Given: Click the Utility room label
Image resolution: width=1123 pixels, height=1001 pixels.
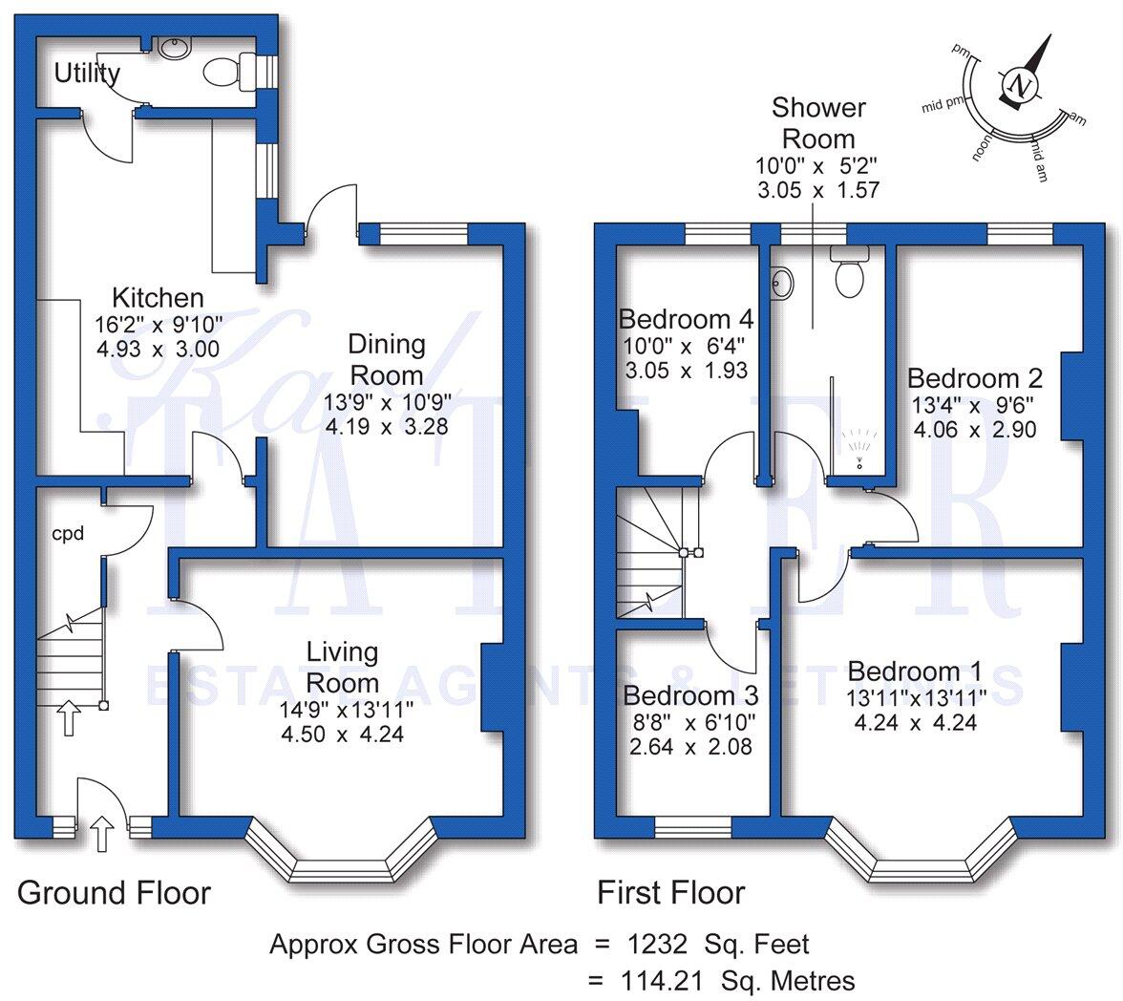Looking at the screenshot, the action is tap(88, 74).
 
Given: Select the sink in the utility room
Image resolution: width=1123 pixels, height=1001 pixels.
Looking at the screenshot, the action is tap(174, 48).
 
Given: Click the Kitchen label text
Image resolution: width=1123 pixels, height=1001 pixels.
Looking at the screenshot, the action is tap(159, 297).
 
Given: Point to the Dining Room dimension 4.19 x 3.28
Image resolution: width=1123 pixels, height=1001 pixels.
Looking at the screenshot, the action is tap(387, 426).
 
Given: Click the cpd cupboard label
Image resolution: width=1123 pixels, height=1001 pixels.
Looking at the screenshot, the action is tap(68, 534).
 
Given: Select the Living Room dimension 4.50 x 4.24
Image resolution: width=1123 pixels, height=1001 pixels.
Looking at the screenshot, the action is tap(342, 735).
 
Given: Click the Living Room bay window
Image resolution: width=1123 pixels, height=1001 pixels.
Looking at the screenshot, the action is tap(341, 867).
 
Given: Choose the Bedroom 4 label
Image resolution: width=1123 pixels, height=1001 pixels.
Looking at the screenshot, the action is tap(686, 319).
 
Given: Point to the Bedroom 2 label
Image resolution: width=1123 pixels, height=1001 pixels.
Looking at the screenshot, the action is tap(975, 377).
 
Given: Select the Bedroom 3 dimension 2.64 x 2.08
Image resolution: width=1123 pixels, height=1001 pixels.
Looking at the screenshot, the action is tap(690, 747).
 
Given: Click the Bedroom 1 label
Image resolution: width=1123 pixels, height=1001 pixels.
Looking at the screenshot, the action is tap(915, 671).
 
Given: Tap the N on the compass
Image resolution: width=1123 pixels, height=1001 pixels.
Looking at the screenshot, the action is tap(1019, 85).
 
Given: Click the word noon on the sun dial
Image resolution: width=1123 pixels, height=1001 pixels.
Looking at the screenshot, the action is tap(983, 148).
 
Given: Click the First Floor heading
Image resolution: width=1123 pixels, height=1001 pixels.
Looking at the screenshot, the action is tap(671, 893).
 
